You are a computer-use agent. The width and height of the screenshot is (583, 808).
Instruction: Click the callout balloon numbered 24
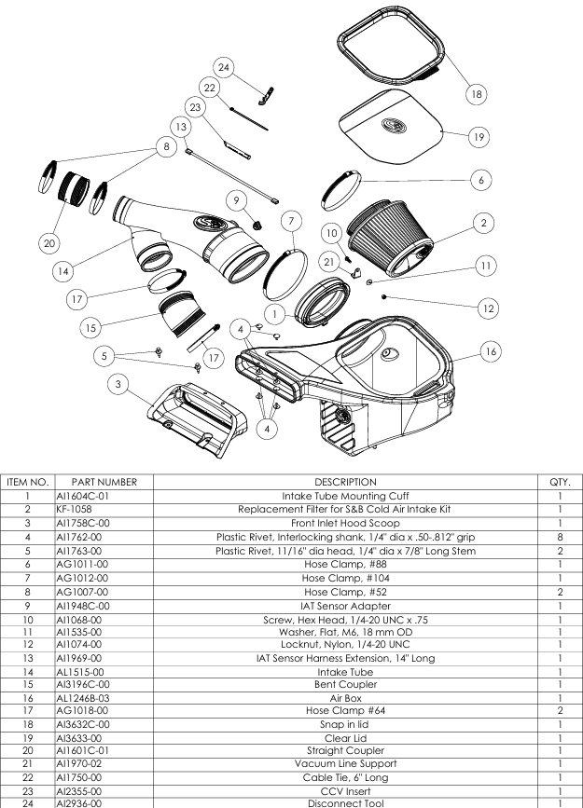(x=224, y=68)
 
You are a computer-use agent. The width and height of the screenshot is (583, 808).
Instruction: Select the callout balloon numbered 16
(x=493, y=350)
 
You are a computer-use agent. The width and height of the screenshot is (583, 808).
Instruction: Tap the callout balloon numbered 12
(x=487, y=307)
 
